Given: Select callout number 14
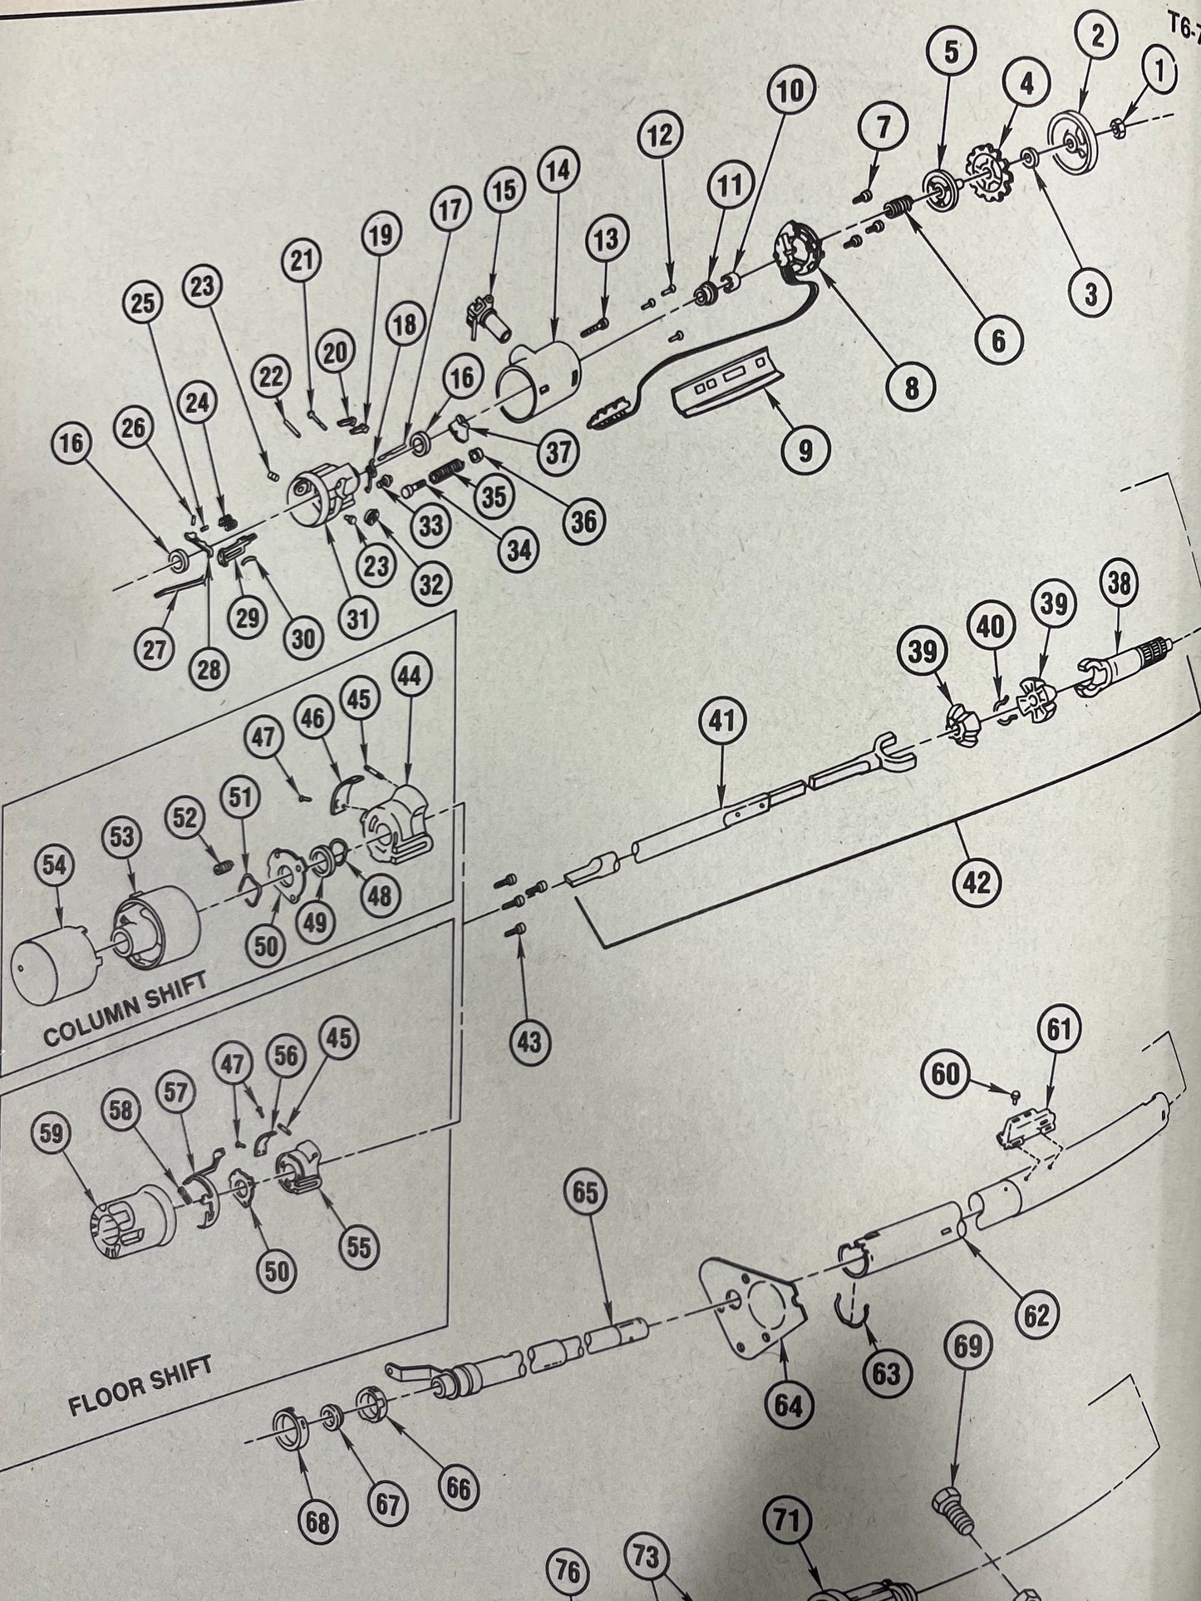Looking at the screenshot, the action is coord(559,171).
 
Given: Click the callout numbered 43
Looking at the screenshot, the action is coord(529,1041).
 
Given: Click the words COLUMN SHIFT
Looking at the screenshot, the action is coord(124,1008).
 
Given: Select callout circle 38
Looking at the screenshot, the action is coord(1119,584).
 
